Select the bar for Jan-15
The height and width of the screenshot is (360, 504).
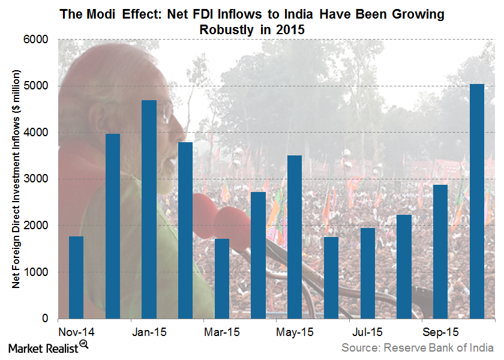(149, 209)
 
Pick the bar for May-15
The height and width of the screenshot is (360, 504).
(295, 237)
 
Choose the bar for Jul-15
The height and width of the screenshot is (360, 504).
(367, 273)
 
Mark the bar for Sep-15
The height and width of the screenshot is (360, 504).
(440, 251)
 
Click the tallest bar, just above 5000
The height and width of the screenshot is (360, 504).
(476, 201)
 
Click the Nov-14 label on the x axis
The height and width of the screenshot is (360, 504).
(76, 332)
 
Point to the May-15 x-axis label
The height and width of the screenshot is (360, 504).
(295, 332)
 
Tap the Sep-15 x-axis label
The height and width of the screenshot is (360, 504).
(440, 332)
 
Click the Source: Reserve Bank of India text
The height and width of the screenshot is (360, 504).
(418, 347)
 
